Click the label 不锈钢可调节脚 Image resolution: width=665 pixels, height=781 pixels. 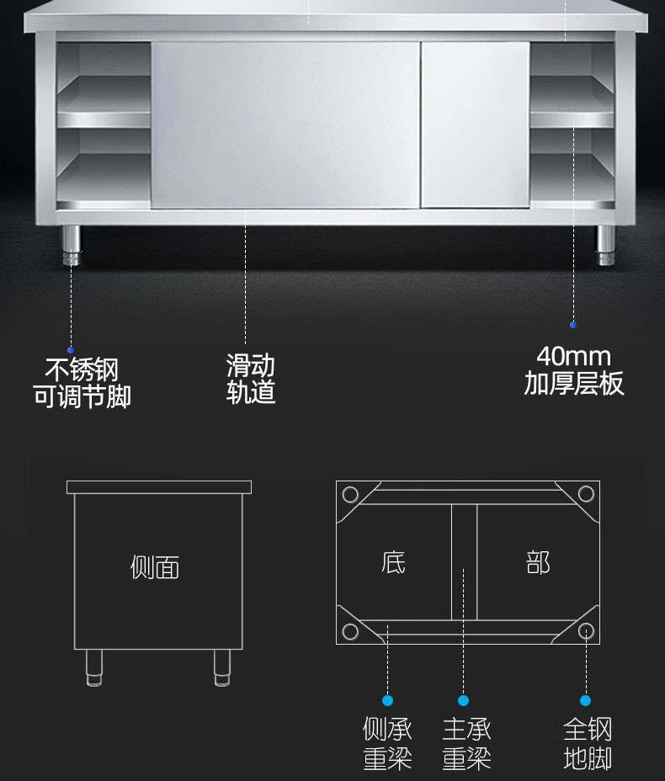click(82, 383)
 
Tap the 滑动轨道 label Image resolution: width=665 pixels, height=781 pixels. click(250, 379)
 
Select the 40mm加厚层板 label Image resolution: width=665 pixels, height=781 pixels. click(574, 371)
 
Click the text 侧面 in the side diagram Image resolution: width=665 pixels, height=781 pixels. click(155, 567)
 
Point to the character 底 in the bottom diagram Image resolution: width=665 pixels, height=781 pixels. click(393, 562)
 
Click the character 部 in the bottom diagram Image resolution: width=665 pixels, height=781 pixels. click(538, 562)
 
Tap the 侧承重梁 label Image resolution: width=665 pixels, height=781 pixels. click(387, 743)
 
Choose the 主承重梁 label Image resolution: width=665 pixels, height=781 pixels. click(466, 743)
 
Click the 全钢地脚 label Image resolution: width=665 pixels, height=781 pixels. click(587, 743)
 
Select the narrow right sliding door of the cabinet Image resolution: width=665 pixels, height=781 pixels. click(475, 125)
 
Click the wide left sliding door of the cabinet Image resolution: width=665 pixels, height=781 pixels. click(285, 125)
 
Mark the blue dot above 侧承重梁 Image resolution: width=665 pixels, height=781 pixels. click(387, 700)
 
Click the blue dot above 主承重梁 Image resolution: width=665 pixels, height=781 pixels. click(463, 700)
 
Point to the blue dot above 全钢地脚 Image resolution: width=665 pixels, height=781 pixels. click(585, 700)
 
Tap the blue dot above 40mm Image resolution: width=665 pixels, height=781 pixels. click(573, 324)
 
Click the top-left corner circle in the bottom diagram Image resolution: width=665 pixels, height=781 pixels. click(350, 494)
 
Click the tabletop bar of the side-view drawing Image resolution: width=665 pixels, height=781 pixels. click(159, 487)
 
